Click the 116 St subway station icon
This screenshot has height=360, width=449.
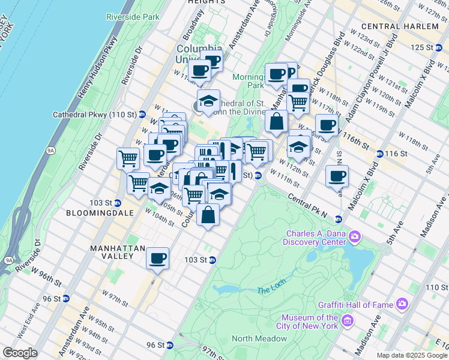click(x=380, y=154)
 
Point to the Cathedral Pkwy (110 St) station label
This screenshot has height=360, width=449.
click(x=95, y=114)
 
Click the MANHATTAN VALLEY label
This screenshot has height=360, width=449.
click(x=118, y=252)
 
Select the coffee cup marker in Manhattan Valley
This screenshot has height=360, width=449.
click(x=158, y=259)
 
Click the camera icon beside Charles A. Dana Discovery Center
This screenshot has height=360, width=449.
click(x=355, y=237)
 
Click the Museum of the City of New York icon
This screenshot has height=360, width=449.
click(x=346, y=322)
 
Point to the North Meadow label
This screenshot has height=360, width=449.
click(x=259, y=339)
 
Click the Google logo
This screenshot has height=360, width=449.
click(x=20, y=353)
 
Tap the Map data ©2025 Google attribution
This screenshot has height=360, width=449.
click(x=412, y=355)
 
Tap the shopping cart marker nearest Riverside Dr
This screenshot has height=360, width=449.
click(x=127, y=158)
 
